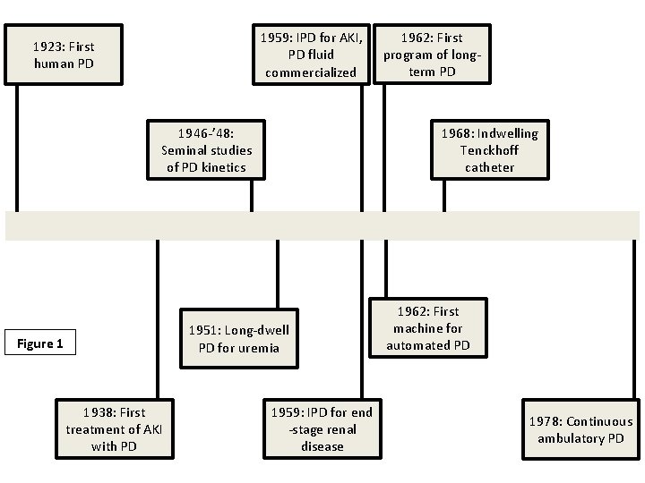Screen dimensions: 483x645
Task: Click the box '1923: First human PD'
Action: click(64, 55)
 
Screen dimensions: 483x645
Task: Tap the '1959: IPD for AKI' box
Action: click(311, 55)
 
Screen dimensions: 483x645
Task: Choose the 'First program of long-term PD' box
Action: click(434, 55)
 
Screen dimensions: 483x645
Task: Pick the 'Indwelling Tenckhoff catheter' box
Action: click(489, 149)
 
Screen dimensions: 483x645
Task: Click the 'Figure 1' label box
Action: click(40, 343)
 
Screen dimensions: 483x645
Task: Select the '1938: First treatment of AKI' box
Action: click(114, 428)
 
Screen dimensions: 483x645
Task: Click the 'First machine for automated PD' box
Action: click(431, 327)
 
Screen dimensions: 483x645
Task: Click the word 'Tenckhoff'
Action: click(490, 149)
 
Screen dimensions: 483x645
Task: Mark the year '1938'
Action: click(99, 412)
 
